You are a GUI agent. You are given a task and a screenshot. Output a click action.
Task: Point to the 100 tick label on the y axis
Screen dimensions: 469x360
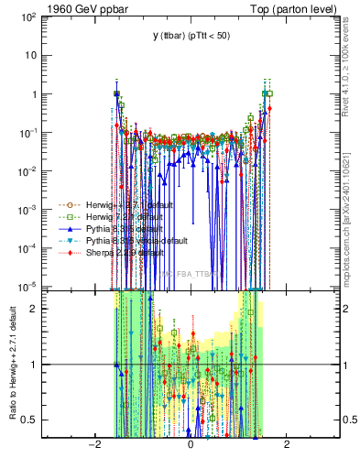(28, 16)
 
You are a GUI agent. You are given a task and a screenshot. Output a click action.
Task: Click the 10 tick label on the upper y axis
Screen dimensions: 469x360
(31, 55)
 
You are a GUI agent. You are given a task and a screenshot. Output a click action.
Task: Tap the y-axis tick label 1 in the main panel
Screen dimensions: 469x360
(34, 94)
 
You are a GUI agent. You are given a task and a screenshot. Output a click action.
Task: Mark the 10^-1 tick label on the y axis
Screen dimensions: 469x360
(29, 133)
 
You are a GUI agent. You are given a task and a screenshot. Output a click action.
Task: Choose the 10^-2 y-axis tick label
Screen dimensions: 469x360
(29, 171)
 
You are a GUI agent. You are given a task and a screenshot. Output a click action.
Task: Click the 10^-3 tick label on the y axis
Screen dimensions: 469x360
(29, 210)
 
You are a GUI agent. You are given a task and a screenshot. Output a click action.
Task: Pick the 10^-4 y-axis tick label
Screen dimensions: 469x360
(29, 248)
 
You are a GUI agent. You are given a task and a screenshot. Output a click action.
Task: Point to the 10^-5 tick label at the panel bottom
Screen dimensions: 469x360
(29, 287)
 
